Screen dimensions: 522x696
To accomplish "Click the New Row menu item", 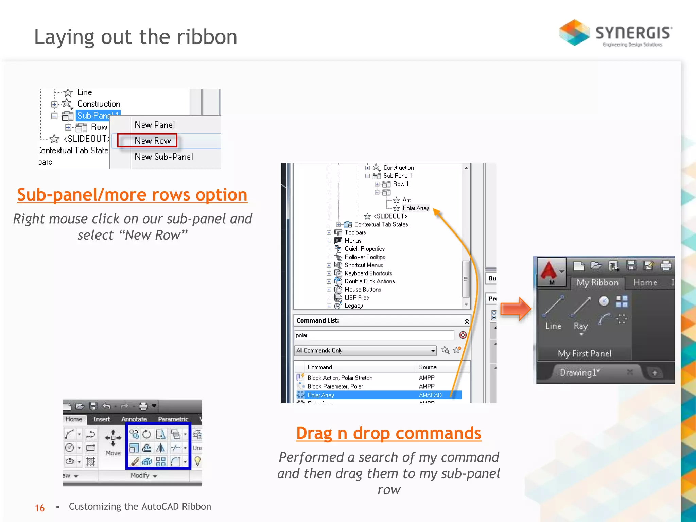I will point(153,141).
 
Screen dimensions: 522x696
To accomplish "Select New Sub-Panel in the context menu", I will point(163,157).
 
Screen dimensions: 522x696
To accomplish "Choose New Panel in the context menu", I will point(155,125).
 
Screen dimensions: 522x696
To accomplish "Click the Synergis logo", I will point(615,33).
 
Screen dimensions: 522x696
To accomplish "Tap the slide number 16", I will point(40,508).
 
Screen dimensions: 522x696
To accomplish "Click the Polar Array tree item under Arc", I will point(415,208).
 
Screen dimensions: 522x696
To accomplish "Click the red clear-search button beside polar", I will point(463,335).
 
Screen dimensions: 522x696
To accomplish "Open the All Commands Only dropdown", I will point(433,350).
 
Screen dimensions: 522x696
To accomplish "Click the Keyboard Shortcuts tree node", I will point(368,273).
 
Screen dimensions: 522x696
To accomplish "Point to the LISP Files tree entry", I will point(356,297).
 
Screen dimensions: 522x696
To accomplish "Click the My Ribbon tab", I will point(597,282).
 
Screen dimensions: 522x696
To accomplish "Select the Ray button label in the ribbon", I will point(580,326).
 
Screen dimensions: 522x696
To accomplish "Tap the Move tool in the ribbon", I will point(113,442).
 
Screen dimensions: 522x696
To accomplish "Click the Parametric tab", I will point(173,419).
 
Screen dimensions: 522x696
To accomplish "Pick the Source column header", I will point(428,367).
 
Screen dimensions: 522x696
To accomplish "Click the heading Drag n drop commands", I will point(388,433).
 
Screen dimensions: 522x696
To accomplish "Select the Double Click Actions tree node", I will point(369,281).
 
